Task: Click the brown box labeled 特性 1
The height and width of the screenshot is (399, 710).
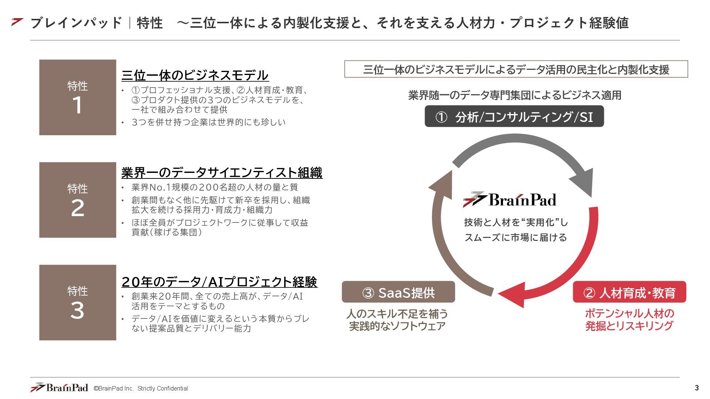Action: click(78, 97)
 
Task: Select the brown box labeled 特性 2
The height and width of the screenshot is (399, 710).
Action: click(78, 200)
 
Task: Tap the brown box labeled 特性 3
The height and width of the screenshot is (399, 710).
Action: click(78, 302)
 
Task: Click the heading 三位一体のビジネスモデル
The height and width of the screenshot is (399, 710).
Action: click(195, 75)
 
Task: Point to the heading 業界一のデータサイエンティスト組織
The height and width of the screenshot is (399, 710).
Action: click(222, 173)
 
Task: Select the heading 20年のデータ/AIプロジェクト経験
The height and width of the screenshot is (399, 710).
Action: click(219, 282)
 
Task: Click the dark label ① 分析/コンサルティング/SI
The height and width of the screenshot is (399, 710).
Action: click(514, 117)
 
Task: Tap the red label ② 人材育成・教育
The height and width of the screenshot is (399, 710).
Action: click(629, 293)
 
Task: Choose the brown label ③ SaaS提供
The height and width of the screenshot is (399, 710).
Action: click(398, 293)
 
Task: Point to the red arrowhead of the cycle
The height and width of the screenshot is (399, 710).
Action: click(514, 294)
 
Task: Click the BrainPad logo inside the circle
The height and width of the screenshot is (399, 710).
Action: click(510, 200)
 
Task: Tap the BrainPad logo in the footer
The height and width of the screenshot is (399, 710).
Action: click(59, 388)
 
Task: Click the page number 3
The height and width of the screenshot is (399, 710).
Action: click(697, 388)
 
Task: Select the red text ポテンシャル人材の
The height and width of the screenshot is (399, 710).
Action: click(629, 314)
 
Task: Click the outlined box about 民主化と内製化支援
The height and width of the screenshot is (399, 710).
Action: click(516, 69)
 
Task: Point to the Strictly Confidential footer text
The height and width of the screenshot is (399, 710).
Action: click(163, 389)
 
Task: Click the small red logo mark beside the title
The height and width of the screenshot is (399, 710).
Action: click(17, 22)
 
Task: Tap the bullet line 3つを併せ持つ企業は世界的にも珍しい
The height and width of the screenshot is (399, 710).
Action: click(209, 122)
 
